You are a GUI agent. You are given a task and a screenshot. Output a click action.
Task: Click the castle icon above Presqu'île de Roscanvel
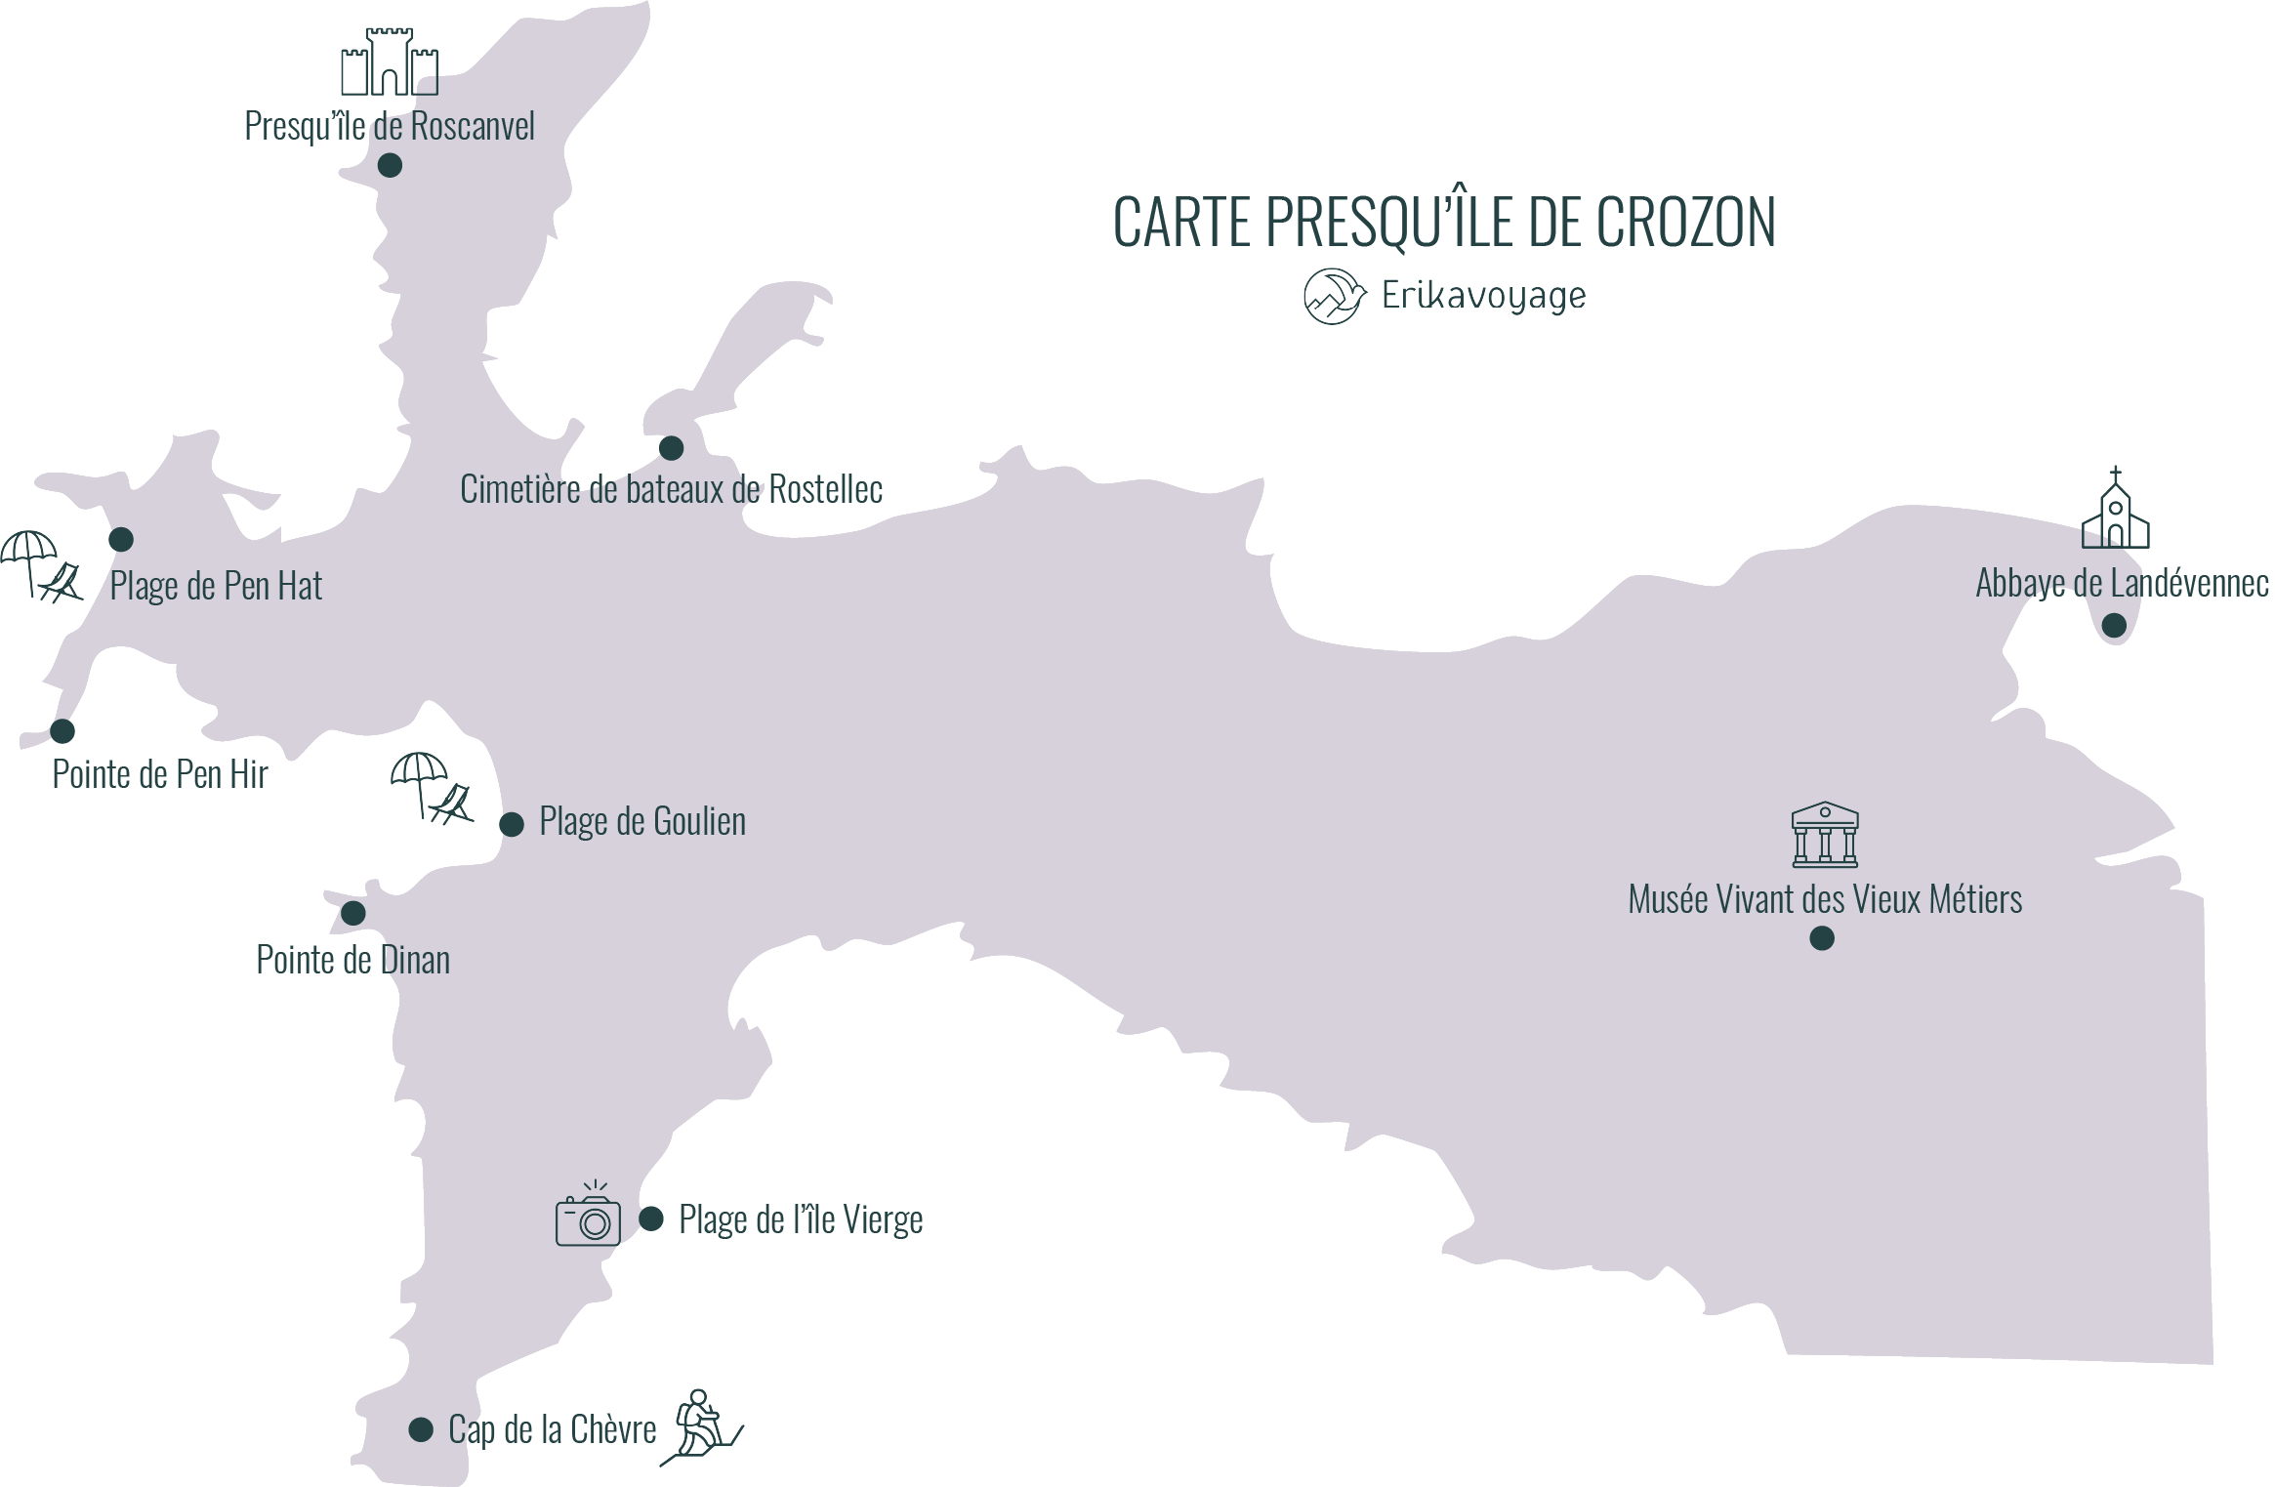pyautogui.click(x=390, y=62)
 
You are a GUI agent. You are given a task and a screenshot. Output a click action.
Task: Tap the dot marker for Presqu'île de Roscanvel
pyautogui.click(x=390, y=166)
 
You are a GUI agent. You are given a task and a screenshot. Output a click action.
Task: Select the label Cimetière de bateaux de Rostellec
pyautogui.click(x=671, y=489)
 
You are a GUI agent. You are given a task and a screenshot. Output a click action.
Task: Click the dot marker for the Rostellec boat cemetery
pyautogui.click(x=671, y=448)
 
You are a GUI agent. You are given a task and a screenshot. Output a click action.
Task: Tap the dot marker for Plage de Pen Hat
pyautogui.click(x=121, y=539)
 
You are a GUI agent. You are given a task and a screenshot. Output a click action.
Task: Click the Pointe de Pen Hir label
pyautogui.click(x=160, y=774)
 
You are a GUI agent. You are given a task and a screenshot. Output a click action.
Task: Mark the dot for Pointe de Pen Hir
pyautogui.click(x=62, y=730)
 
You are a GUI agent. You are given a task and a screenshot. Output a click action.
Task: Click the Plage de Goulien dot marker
pyautogui.click(x=512, y=824)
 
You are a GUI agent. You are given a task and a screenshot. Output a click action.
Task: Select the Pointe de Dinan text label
pyautogui.click(x=352, y=960)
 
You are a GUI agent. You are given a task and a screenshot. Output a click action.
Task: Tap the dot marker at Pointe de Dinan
pyautogui.click(x=353, y=913)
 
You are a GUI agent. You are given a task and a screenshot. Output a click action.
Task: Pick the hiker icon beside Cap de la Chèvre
pyautogui.click(x=700, y=1427)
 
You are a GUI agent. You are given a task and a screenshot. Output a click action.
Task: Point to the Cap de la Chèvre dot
pyautogui.click(x=421, y=1429)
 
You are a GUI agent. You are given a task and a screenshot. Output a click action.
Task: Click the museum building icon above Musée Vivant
pyautogui.click(x=1824, y=835)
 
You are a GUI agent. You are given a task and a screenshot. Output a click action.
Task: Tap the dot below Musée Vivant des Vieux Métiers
pyautogui.click(x=1822, y=938)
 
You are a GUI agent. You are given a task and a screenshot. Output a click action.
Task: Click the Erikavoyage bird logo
pyautogui.click(x=1334, y=296)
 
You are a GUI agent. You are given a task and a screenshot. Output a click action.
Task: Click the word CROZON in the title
pyautogui.click(x=1685, y=223)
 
